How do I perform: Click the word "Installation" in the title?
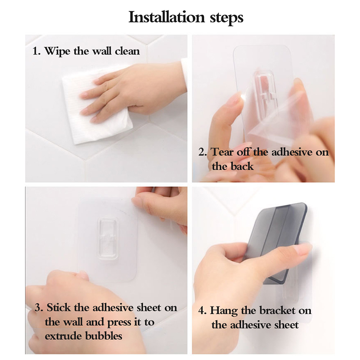pyautogui.click(x=166, y=17)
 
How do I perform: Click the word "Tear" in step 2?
pyautogui.click(x=222, y=152)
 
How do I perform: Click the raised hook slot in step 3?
pyautogui.click(x=108, y=239)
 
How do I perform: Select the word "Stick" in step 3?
pyautogui.click(x=58, y=308)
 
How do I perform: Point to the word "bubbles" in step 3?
pyautogui.click(x=103, y=336)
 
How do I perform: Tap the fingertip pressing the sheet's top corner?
pyautogui.click(x=137, y=202)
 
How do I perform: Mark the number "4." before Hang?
pyautogui.click(x=202, y=311)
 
